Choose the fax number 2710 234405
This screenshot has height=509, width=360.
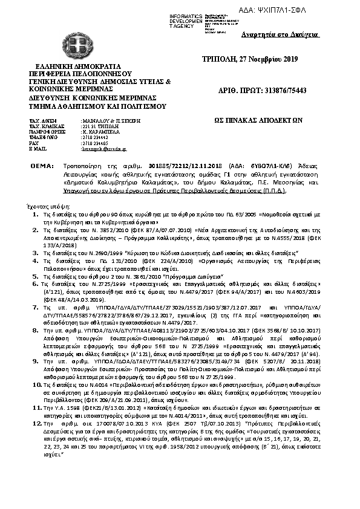click(94, 143)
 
